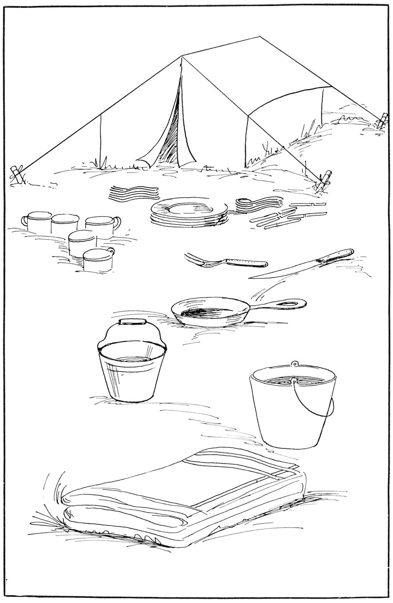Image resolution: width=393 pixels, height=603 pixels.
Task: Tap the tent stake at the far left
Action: click(16, 174)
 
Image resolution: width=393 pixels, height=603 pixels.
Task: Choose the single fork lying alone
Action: click(226, 262)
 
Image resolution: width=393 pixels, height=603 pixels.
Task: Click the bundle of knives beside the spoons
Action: click(288, 216)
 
